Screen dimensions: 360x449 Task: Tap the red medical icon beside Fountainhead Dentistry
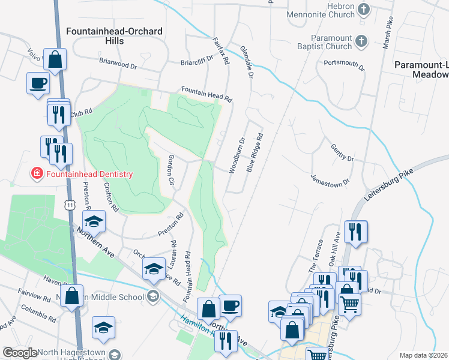pos(37,174)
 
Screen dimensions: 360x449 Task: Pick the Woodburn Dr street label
pos(237,155)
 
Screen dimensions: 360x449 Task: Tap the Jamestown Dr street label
pos(330,179)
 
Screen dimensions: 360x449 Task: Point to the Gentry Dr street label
pos(342,152)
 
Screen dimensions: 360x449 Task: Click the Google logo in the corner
pos(20,353)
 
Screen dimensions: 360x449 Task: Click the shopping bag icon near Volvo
pos(55,60)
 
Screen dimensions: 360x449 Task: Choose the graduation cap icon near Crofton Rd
pos(94,223)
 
